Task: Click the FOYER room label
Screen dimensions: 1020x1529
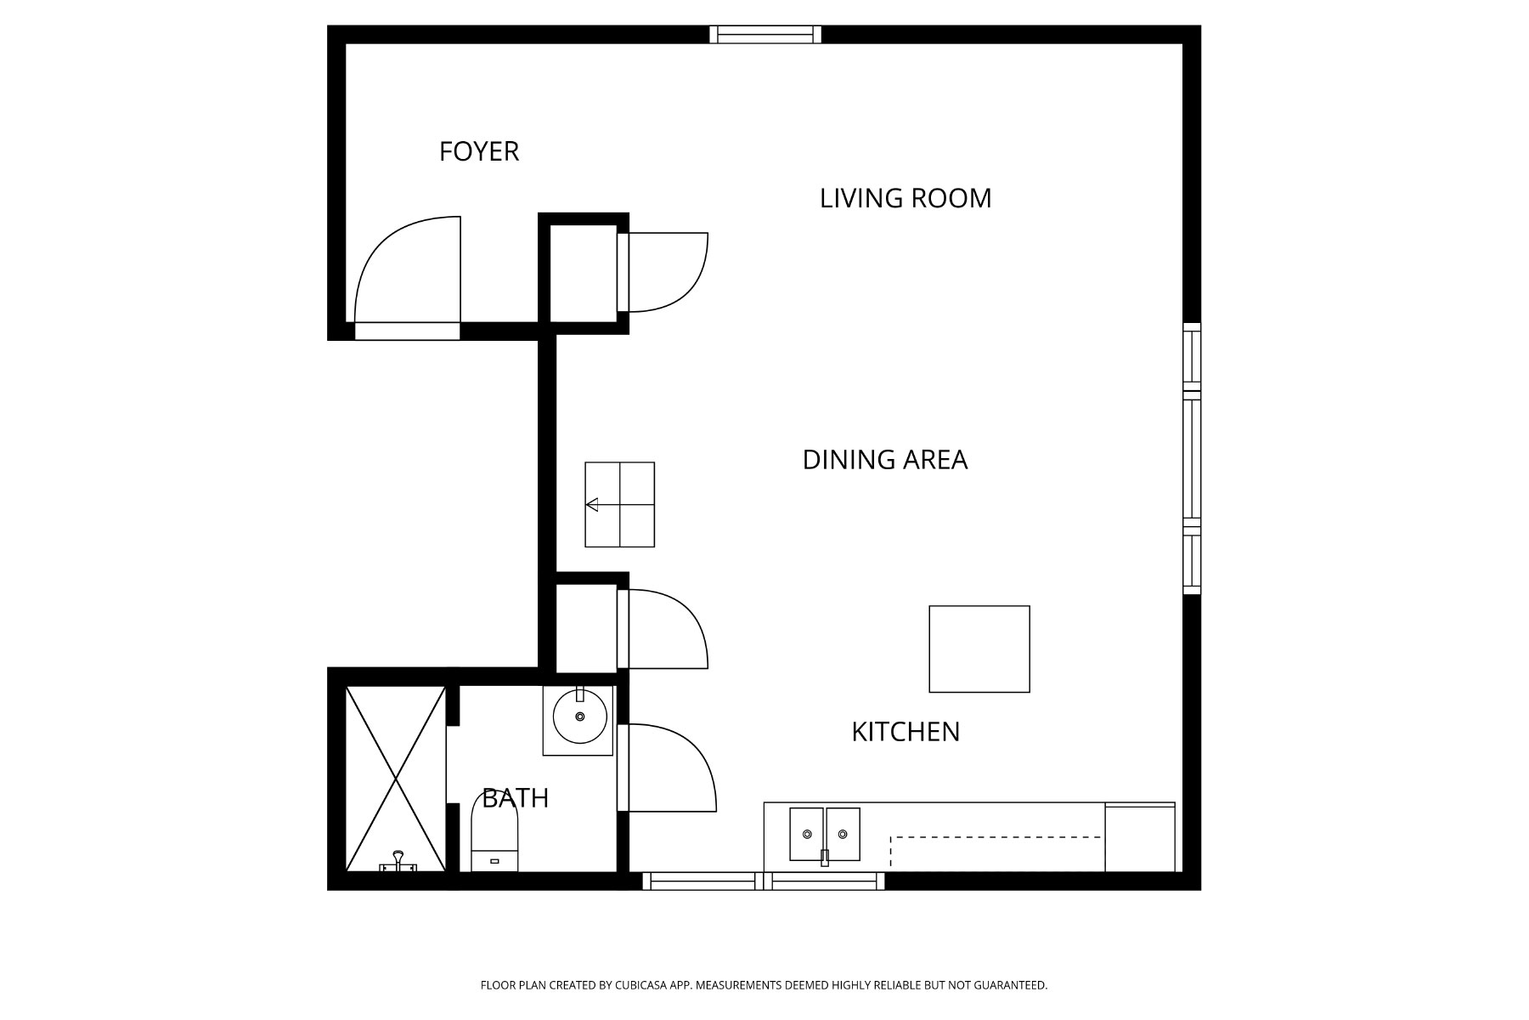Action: [x=478, y=151]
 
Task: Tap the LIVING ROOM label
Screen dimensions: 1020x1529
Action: [x=905, y=198]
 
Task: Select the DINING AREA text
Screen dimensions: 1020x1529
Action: [x=884, y=460]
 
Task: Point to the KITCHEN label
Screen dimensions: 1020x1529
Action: [x=905, y=732]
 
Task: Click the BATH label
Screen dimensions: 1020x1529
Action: [x=515, y=798]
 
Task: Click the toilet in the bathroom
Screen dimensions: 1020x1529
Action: [x=494, y=833]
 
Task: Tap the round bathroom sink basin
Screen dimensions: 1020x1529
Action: [x=580, y=717]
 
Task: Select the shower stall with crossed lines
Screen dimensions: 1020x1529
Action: [x=396, y=778]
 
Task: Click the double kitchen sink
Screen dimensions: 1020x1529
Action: [x=824, y=834]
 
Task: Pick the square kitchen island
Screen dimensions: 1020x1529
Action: [x=979, y=649]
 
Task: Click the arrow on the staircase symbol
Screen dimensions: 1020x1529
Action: [x=592, y=505]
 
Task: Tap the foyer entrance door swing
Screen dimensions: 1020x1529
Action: [x=406, y=272]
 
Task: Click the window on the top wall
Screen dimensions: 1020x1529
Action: [x=765, y=34]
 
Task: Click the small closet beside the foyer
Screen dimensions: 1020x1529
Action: [x=583, y=274]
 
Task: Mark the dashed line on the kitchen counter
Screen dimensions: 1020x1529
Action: [x=994, y=838]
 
